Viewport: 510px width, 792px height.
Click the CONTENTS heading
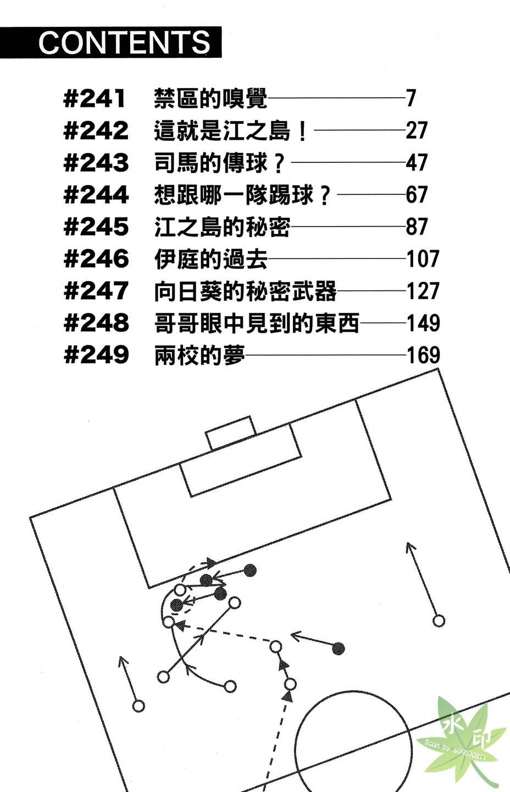pos(124,42)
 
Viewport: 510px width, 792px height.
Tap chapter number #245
pos(96,227)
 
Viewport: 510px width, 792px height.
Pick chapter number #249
pos(96,355)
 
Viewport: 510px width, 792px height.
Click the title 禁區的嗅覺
pos(210,99)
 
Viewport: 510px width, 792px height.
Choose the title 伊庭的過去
pos(210,259)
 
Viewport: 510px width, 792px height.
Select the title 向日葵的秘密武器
pos(245,291)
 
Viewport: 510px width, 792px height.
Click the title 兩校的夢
pos(199,355)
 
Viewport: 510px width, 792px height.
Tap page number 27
pos(417,131)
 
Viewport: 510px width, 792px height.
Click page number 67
pos(417,195)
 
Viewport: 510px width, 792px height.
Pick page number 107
pos(423,259)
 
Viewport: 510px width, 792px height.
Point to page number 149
pos(423,323)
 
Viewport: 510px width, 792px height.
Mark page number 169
pos(423,355)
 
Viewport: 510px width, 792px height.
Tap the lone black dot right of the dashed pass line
pos(339,649)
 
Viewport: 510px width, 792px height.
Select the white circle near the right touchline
pos(438,621)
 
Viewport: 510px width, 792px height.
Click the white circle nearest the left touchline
pos(138,706)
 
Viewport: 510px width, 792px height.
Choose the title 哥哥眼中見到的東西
pos(257,323)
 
